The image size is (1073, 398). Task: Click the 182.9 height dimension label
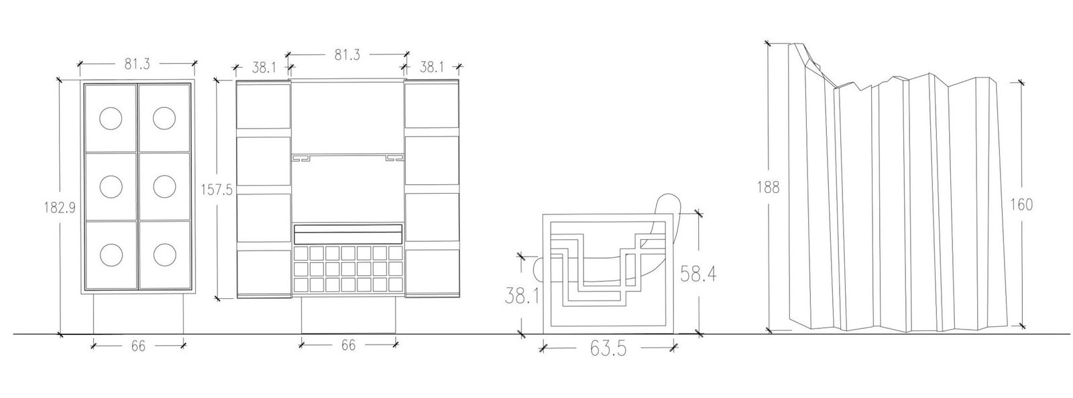pyautogui.click(x=60, y=208)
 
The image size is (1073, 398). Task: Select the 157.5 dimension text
pyautogui.click(x=217, y=190)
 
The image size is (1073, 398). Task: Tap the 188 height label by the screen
pyautogui.click(x=769, y=187)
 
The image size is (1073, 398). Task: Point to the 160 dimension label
pyautogui.click(x=1022, y=205)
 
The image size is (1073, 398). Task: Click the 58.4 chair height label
pyautogui.click(x=698, y=274)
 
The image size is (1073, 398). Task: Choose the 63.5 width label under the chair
pyautogui.click(x=608, y=348)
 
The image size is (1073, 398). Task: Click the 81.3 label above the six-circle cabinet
pyautogui.click(x=137, y=64)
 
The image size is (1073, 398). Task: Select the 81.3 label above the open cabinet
pyautogui.click(x=347, y=54)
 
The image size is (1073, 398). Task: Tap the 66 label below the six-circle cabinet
pyautogui.click(x=138, y=346)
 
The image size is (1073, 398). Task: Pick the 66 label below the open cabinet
pyautogui.click(x=348, y=344)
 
